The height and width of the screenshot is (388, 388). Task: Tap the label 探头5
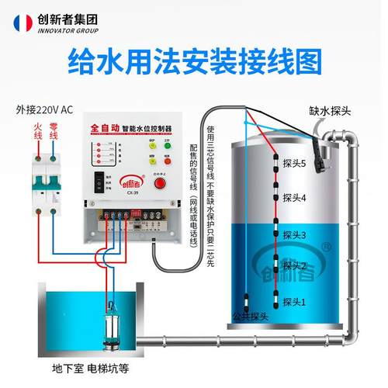[x=295, y=164]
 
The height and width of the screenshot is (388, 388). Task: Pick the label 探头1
[x=293, y=300]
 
